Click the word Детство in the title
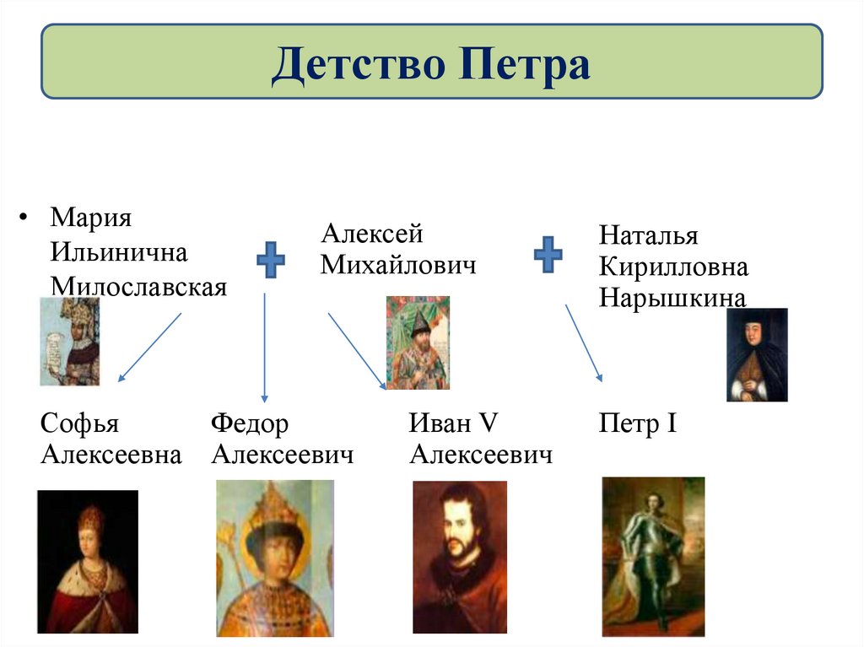click(x=359, y=66)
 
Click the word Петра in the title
click(x=525, y=66)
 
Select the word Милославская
click(x=138, y=287)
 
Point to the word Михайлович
click(x=398, y=266)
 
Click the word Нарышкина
click(x=672, y=299)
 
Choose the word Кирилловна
click(x=673, y=267)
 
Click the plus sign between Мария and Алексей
click(x=270, y=260)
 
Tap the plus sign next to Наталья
click(x=548, y=254)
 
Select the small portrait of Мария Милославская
click(x=70, y=342)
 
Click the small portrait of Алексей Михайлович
click(x=418, y=342)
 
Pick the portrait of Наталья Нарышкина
click(x=757, y=354)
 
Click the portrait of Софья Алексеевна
click(x=87, y=561)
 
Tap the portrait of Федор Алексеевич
click(x=275, y=558)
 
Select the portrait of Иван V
click(x=460, y=557)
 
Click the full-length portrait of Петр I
click(x=653, y=557)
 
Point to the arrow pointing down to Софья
click(x=150, y=347)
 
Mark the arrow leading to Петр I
click(x=584, y=343)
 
